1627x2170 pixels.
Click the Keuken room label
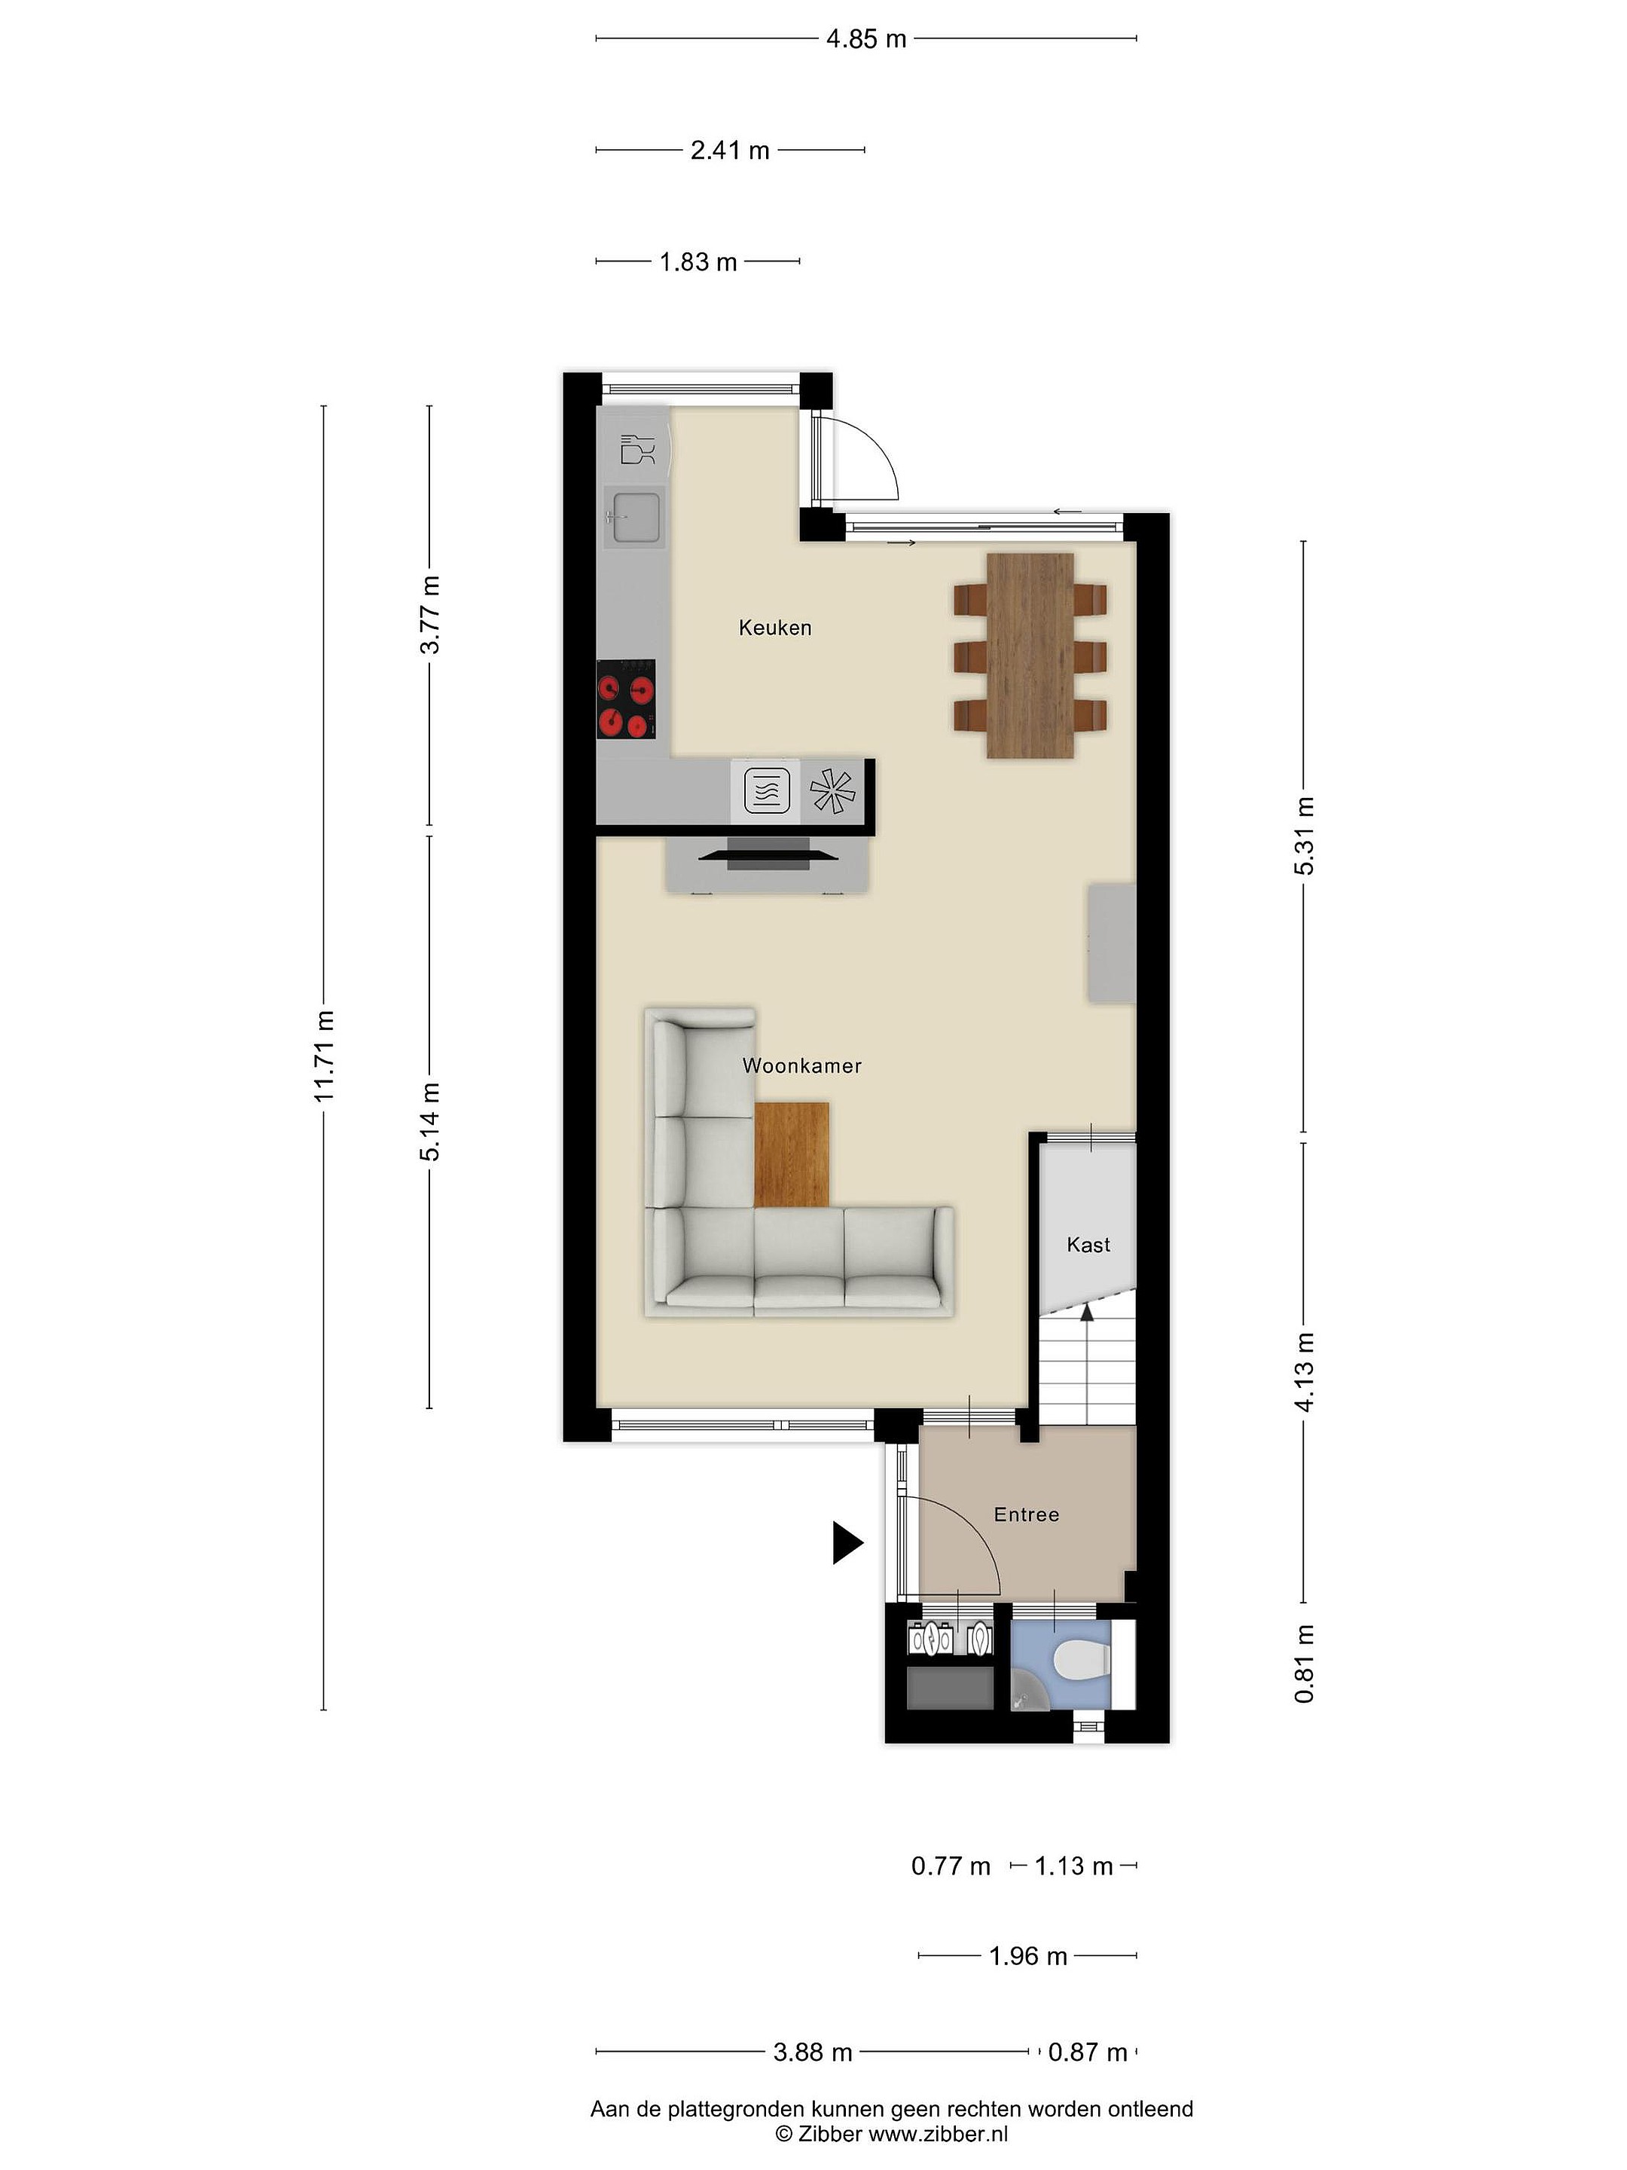(775, 628)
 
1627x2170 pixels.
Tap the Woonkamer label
(801, 1065)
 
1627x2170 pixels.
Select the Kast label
(1088, 1245)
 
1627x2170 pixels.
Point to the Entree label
(1026, 1514)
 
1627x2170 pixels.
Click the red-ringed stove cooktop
(626, 699)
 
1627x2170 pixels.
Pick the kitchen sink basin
(633, 516)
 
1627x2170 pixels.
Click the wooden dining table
(1030, 656)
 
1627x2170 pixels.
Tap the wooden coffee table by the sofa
(792, 1154)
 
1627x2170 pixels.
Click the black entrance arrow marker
(847, 1542)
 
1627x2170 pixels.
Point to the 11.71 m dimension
(325, 1056)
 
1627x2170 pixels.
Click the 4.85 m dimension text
(866, 39)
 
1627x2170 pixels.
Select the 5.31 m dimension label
(1303, 835)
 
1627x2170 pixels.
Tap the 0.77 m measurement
(951, 1866)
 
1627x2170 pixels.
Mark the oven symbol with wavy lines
(767, 790)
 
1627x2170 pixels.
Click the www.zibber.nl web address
(939, 2134)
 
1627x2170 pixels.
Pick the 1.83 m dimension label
(698, 263)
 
